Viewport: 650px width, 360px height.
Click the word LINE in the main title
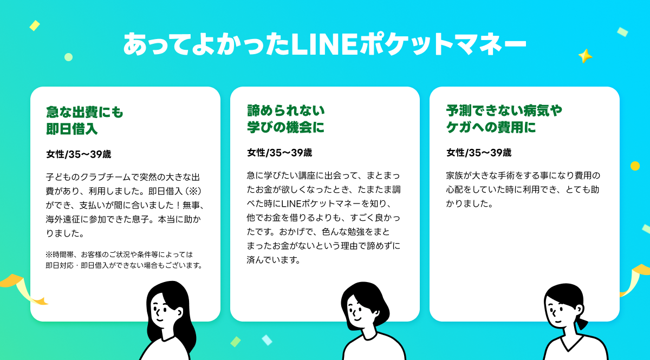pyautogui.click(x=324, y=44)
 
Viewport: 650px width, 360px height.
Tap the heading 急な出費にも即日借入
pyautogui.click(x=84, y=120)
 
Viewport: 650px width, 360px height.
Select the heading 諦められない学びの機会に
pyautogui.click(x=286, y=119)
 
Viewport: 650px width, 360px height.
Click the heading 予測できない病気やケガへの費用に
pyautogui.click(x=504, y=119)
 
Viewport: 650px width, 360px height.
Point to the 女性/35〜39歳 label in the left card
pyautogui.click(x=79, y=154)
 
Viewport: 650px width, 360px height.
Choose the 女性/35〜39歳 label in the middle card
pyautogui.click(x=279, y=153)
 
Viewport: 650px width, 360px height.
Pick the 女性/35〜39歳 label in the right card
pyautogui.click(x=479, y=153)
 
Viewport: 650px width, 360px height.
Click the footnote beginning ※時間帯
pyautogui.click(x=124, y=260)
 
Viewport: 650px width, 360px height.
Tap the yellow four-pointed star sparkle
pyautogui.click(x=585, y=56)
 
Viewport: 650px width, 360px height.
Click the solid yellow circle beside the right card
pyautogui.click(x=635, y=166)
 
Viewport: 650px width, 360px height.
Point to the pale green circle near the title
pyautogui.click(x=68, y=57)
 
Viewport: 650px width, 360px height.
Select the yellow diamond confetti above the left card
pyautogui.click(x=35, y=25)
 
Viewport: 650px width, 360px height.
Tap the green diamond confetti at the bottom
pyautogui.click(x=235, y=342)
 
